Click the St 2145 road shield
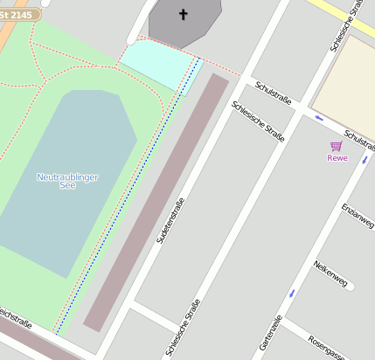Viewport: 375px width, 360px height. point(18,15)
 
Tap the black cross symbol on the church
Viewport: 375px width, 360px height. point(184,14)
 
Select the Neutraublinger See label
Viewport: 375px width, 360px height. point(67,182)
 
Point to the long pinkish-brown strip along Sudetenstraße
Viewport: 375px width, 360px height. point(157,201)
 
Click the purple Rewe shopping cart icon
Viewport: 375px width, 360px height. point(336,146)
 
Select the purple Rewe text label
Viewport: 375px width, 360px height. point(337,158)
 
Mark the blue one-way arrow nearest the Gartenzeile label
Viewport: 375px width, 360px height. point(292,292)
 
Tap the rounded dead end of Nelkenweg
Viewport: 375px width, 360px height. point(351,286)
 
